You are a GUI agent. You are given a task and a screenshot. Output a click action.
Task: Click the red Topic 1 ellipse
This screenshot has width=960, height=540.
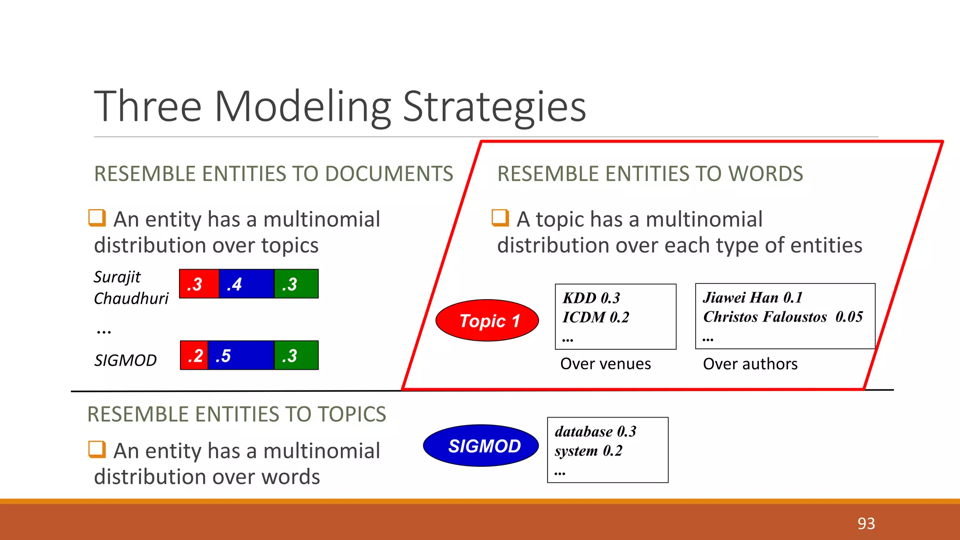(x=487, y=321)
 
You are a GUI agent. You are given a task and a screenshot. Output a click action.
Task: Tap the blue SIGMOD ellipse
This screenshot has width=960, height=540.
(x=481, y=446)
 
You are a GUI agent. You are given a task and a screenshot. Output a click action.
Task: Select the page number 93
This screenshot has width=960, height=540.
(x=866, y=523)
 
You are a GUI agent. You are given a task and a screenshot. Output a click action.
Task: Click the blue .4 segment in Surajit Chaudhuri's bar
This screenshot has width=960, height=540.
(x=246, y=284)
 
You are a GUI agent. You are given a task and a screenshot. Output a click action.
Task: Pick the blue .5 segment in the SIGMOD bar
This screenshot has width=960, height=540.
(x=240, y=356)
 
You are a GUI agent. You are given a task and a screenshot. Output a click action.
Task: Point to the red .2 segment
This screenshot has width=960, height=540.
(x=194, y=356)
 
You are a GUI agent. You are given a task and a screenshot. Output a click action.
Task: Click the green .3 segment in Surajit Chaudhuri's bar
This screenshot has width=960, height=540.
(x=296, y=284)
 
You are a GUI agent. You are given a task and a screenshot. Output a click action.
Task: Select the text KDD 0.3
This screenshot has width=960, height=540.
(x=591, y=298)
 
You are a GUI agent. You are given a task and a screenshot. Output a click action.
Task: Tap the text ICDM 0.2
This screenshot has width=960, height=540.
(x=596, y=317)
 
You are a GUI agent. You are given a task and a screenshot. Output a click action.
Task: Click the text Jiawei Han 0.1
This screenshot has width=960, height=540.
(x=752, y=298)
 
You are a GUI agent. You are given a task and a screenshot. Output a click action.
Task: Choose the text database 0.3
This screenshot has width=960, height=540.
(x=595, y=432)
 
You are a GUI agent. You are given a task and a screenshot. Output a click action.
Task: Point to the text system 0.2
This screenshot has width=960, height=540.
(x=588, y=451)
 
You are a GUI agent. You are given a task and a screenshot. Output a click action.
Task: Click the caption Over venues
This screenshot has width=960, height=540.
(x=605, y=364)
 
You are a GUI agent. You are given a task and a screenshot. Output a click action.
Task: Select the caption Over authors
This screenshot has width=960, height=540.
(x=750, y=364)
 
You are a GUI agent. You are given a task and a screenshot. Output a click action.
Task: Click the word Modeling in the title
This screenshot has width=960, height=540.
(x=302, y=107)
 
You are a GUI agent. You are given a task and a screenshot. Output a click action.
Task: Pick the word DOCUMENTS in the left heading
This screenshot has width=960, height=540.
(x=389, y=174)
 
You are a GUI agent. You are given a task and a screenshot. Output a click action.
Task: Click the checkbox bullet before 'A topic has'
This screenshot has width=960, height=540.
(x=500, y=218)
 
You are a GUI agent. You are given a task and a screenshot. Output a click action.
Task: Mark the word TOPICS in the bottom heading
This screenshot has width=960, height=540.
(x=352, y=414)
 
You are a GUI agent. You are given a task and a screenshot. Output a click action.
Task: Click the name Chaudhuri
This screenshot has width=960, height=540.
(x=131, y=299)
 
